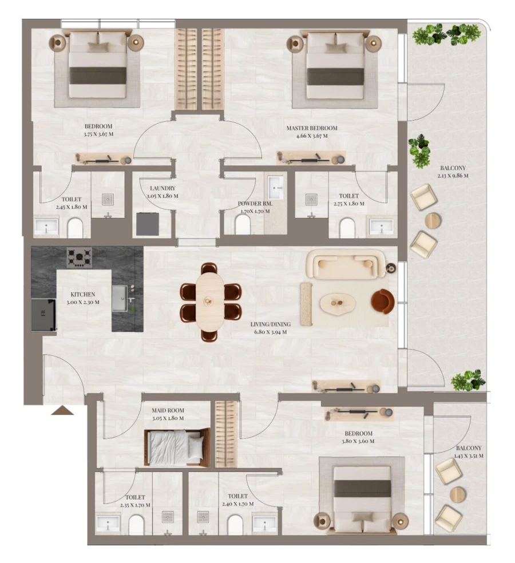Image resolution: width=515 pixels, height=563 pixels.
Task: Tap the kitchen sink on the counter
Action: coord(119,298)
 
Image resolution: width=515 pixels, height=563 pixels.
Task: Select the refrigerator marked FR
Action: coord(43,314)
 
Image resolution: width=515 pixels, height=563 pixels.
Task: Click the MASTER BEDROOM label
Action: coord(312,128)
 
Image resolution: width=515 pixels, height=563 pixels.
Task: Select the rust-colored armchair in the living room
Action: coord(382,301)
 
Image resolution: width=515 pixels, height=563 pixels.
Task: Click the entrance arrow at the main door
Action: coord(62,410)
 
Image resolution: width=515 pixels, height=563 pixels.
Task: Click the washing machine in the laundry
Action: coord(148,224)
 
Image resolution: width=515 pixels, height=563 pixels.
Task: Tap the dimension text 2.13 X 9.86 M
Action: coord(454,176)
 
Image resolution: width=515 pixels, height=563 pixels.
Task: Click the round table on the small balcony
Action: coord(458,494)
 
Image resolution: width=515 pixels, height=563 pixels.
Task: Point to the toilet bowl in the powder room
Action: coord(243,226)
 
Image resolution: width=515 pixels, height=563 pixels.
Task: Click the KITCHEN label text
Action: coord(83,294)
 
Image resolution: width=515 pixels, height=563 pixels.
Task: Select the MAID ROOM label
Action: coord(168,410)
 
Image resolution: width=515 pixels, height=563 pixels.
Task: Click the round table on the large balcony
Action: coord(433,220)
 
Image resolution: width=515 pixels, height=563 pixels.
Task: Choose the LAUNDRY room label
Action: coord(163,188)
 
